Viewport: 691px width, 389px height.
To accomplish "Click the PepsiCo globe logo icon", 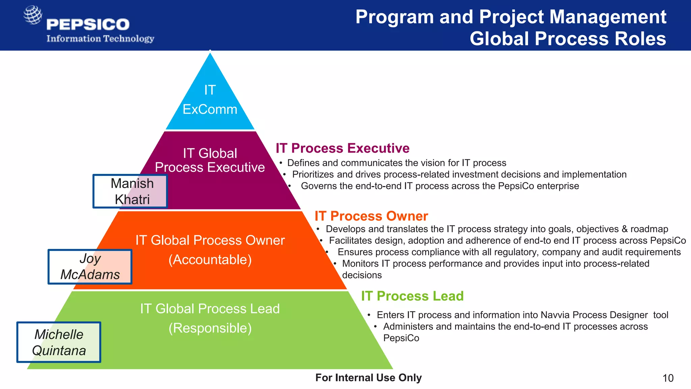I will [x=33, y=15].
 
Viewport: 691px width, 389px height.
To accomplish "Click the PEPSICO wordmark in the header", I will [x=88, y=24].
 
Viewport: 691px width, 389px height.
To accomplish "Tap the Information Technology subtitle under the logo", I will [x=100, y=38].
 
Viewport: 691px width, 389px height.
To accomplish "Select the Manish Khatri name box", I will [x=130, y=191].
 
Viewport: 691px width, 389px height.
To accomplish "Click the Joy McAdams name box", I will [x=90, y=267].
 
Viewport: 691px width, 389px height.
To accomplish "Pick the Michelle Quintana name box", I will [x=59, y=342].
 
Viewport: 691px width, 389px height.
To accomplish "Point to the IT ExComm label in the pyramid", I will [x=210, y=100].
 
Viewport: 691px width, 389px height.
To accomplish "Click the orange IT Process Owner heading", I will [x=371, y=216].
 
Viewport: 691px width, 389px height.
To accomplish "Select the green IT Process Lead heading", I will [x=412, y=296].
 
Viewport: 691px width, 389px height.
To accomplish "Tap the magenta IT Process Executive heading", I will [x=342, y=148].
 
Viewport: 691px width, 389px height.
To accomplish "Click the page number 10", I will [x=668, y=378].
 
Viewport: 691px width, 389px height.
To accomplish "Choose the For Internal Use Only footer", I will [x=368, y=378].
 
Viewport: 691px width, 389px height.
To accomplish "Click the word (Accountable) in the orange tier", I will [x=210, y=260].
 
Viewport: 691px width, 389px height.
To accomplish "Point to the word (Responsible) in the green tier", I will [x=210, y=328].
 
